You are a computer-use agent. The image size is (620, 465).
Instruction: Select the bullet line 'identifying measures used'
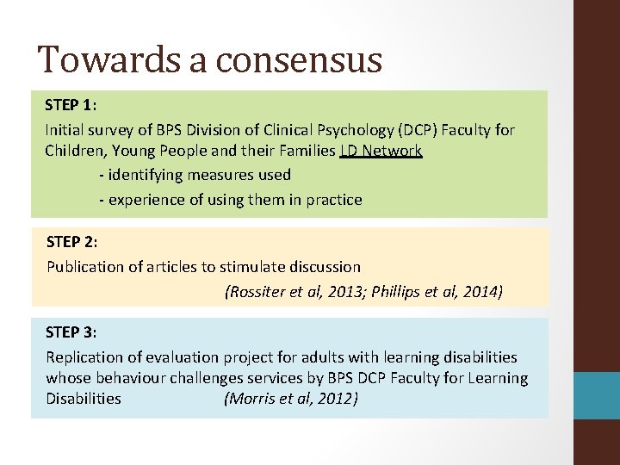(x=195, y=175)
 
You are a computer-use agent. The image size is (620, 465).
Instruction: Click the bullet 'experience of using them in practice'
(x=230, y=200)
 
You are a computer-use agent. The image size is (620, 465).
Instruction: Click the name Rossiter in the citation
(x=258, y=292)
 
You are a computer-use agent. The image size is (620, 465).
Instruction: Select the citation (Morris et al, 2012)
(x=290, y=399)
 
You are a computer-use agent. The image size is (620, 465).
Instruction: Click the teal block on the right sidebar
(x=598, y=395)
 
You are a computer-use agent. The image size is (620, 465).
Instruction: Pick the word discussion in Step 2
(x=324, y=267)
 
